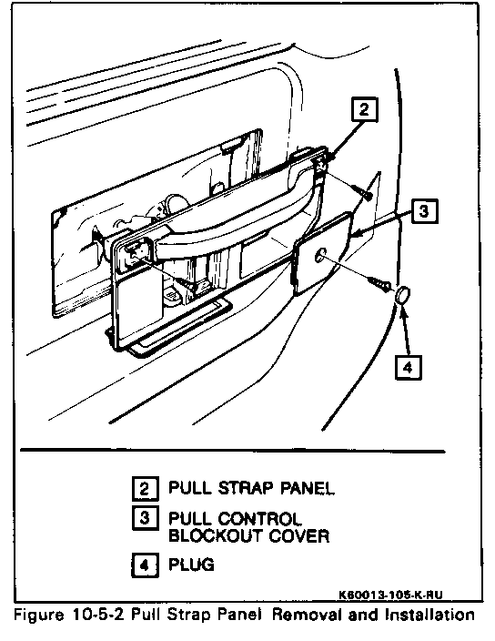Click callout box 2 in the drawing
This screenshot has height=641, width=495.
(x=364, y=109)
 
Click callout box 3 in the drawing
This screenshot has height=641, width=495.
(x=424, y=211)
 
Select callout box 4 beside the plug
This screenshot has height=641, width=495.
(x=408, y=367)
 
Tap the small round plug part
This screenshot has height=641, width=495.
(x=403, y=296)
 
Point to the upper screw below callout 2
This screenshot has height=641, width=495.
(x=362, y=192)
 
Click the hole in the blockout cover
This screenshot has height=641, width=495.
(x=320, y=255)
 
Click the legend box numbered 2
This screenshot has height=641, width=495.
(x=145, y=488)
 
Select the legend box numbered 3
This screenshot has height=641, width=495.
(x=145, y=518)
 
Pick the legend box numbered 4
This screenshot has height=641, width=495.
(x=145, y=565)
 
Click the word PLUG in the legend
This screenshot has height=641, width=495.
(x=191, y=565)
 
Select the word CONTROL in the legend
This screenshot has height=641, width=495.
(x=259, y=519)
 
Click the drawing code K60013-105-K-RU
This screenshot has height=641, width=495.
(x=390, y=595)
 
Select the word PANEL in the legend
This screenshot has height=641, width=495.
(x=308, y=488)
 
